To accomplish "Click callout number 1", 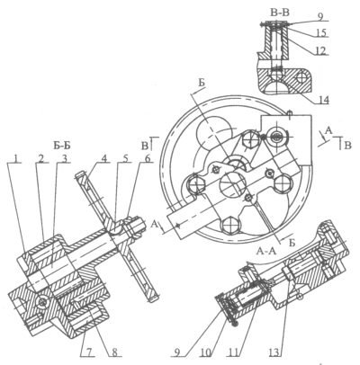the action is (18, 158).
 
